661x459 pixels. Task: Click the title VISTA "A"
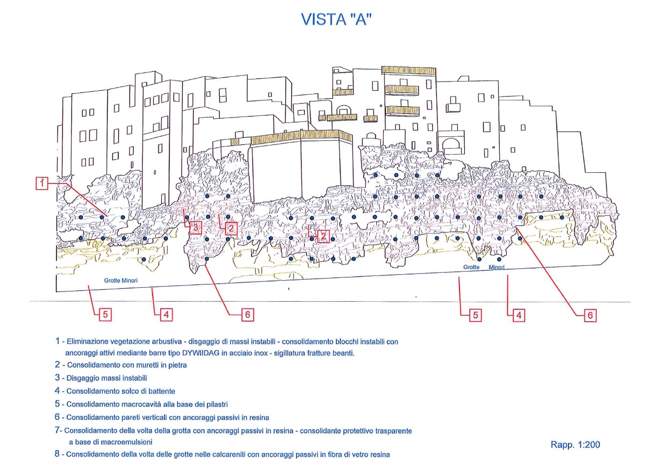[x=336, y=19]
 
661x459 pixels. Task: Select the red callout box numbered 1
[x=42, y=184]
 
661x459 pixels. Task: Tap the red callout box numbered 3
[x=196, y=227]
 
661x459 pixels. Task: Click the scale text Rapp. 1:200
[x=575, y=445]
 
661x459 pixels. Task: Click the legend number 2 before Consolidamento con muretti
[x=58, y=365]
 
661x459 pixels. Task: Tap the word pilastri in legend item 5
[x=217, y=404]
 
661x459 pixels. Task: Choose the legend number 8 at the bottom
[x=58, y=454]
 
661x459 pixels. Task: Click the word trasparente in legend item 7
[x=393, y=431]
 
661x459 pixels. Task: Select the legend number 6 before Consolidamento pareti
[x=58, y=417]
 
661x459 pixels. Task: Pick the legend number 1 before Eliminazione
[x=58, y=341]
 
